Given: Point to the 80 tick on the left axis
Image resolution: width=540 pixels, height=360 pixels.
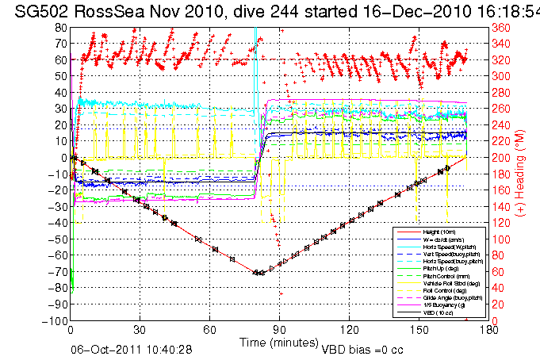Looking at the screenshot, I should (60, 27).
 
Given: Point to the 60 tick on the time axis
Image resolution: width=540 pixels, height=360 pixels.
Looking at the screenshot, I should (210, 331).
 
